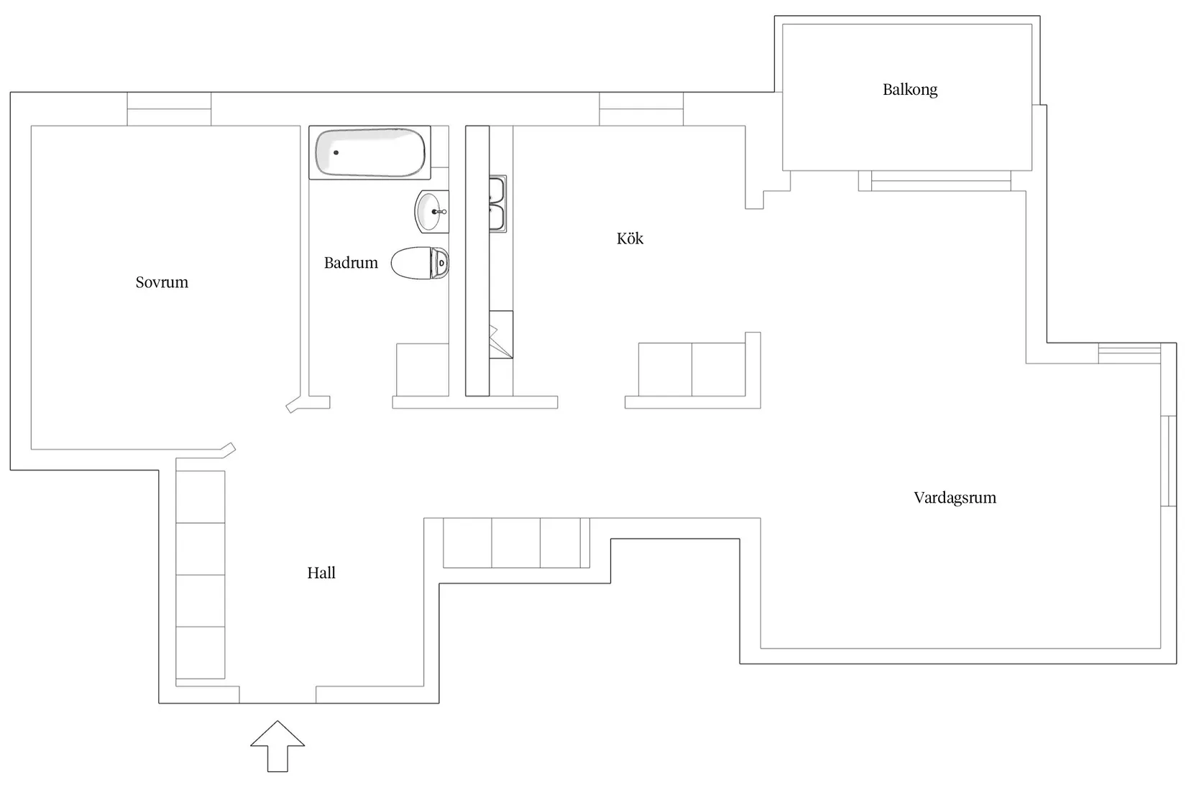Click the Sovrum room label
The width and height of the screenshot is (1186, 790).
[162, 282]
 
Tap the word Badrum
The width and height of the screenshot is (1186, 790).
[351, 262]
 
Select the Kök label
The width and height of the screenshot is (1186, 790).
[630, 238]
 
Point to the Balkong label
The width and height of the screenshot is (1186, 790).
[910, 90]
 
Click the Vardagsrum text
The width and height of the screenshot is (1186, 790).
[955, 498]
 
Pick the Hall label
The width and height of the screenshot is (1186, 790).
[321, 572]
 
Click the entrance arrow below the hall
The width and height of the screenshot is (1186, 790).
[277, 746]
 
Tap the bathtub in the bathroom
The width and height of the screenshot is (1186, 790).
[370, 152]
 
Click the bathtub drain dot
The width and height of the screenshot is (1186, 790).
[336, 153]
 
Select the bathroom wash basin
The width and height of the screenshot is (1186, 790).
[431, 212]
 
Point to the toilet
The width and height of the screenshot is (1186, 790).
[420, 263]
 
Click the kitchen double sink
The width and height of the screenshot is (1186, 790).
[497, 204]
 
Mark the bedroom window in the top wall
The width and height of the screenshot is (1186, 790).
[169, 109]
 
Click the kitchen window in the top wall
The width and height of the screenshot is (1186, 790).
[641, 109]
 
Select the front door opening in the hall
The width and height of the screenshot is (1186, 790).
[277, 694]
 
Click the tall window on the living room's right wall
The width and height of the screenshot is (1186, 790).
[1169, 461]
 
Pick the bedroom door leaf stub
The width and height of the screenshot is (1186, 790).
[229, 450]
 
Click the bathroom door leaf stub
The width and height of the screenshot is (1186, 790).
[293, 405]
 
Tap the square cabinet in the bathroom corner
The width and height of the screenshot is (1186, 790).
[423, 370]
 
